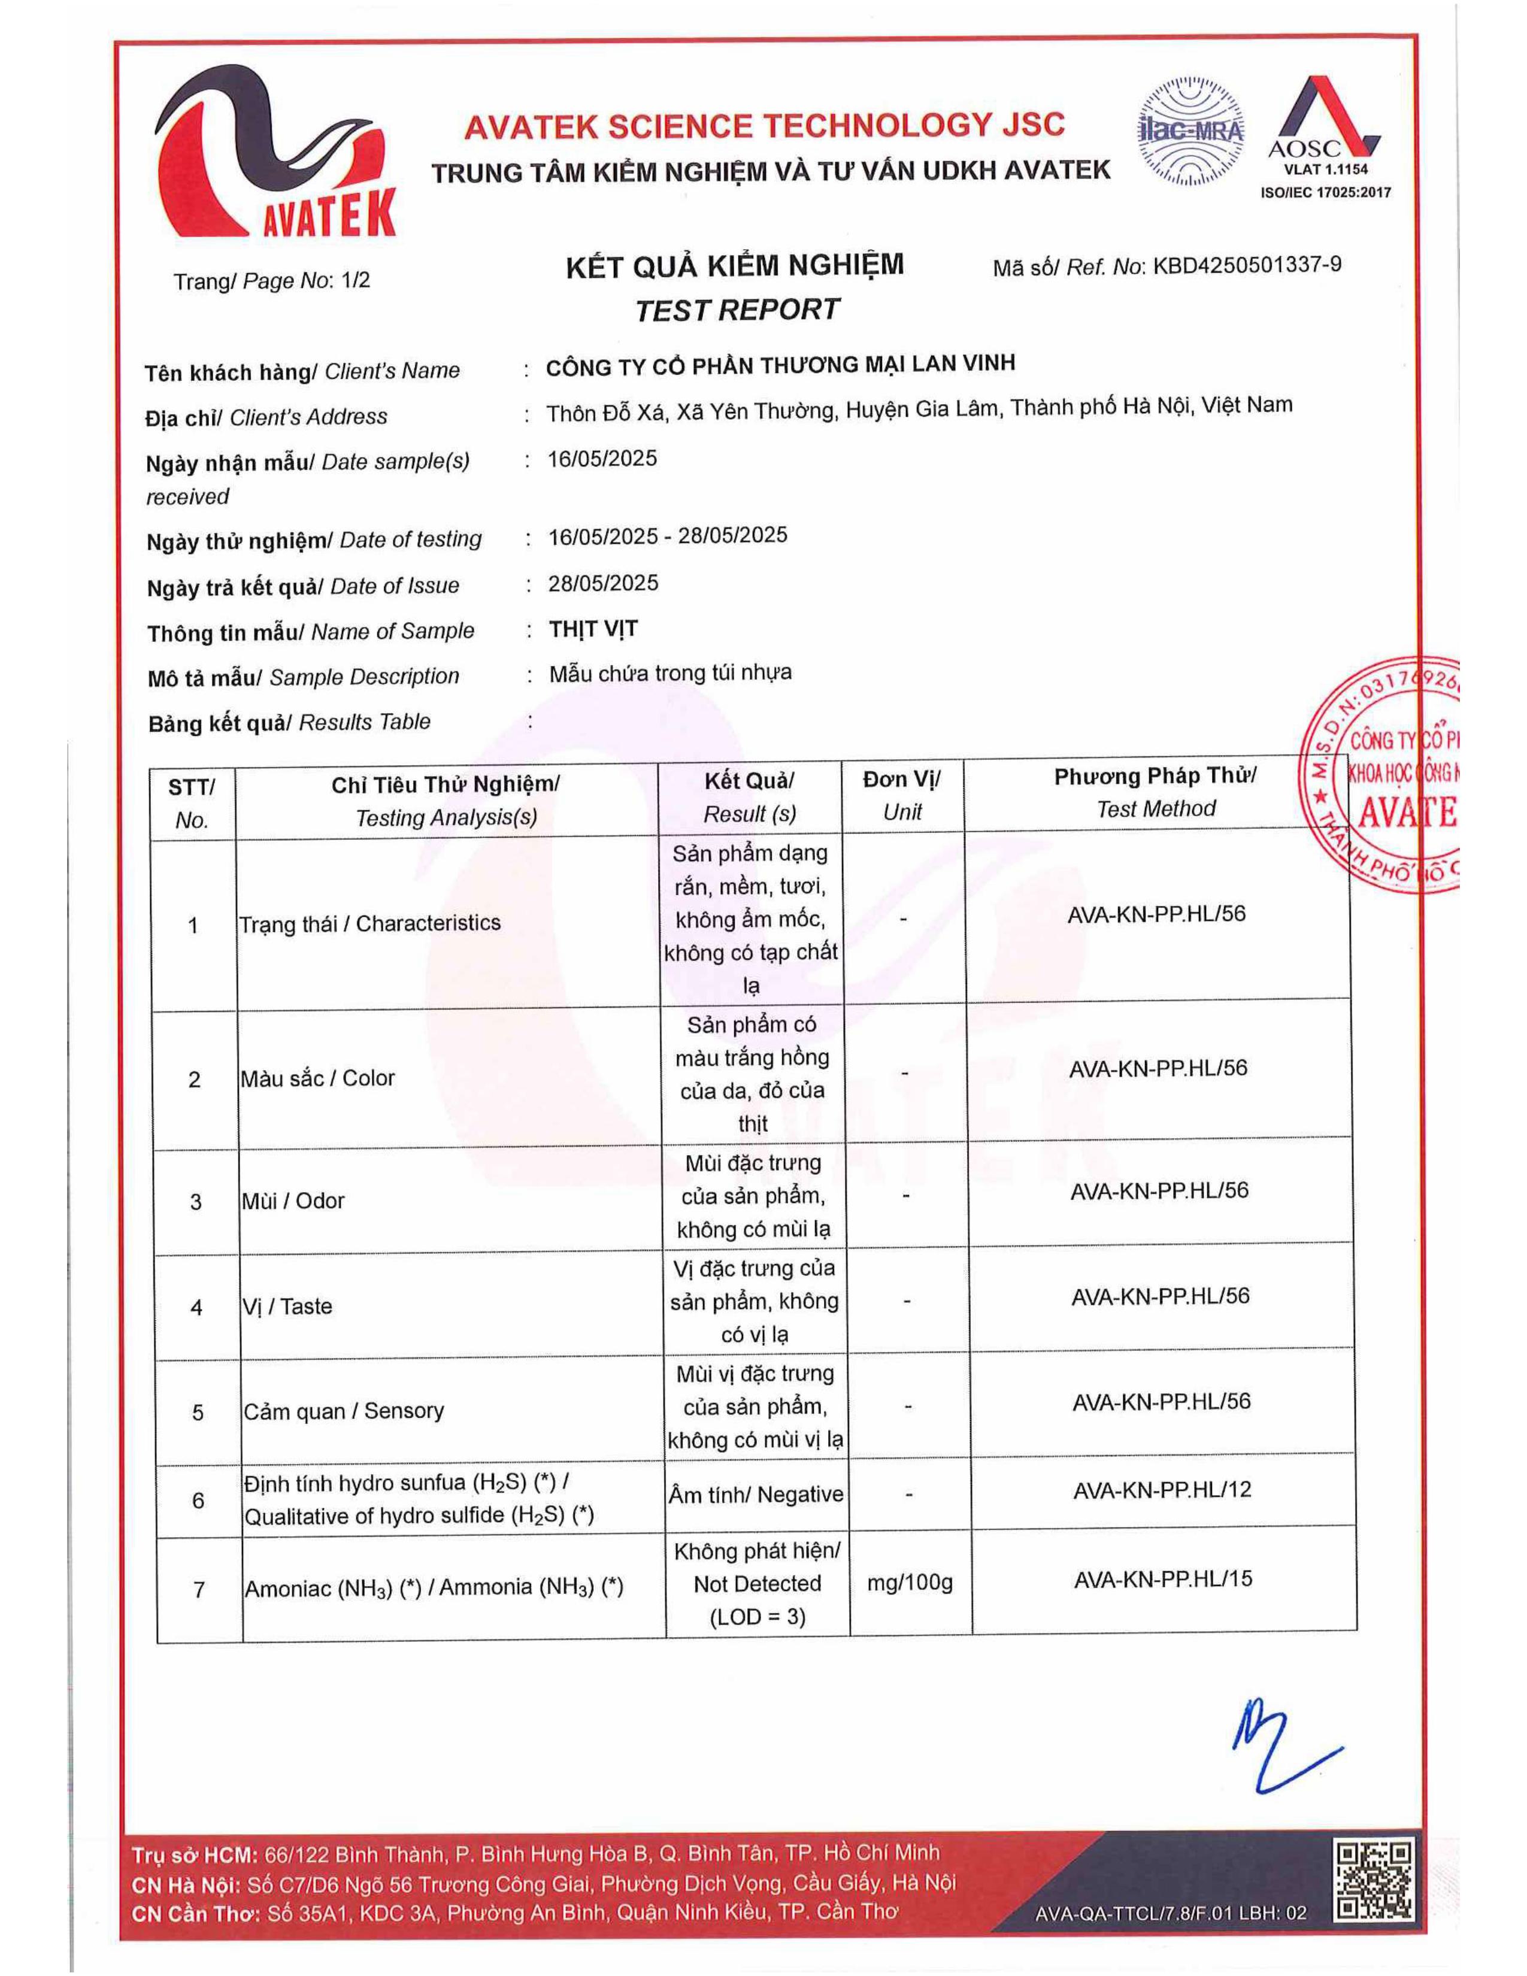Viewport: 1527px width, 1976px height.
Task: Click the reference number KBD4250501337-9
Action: pos(1247,265)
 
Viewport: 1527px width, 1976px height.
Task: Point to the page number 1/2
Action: pos(356,280)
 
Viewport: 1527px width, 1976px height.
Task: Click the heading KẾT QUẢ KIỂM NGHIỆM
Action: pos(735,266)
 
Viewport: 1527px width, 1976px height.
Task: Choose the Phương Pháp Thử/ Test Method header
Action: pos(1155,792)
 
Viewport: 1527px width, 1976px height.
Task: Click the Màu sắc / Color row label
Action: pos(317,1078)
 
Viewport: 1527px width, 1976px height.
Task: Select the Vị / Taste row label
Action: pos(287,1305)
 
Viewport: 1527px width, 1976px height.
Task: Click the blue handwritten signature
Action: pos(1275,1751)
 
